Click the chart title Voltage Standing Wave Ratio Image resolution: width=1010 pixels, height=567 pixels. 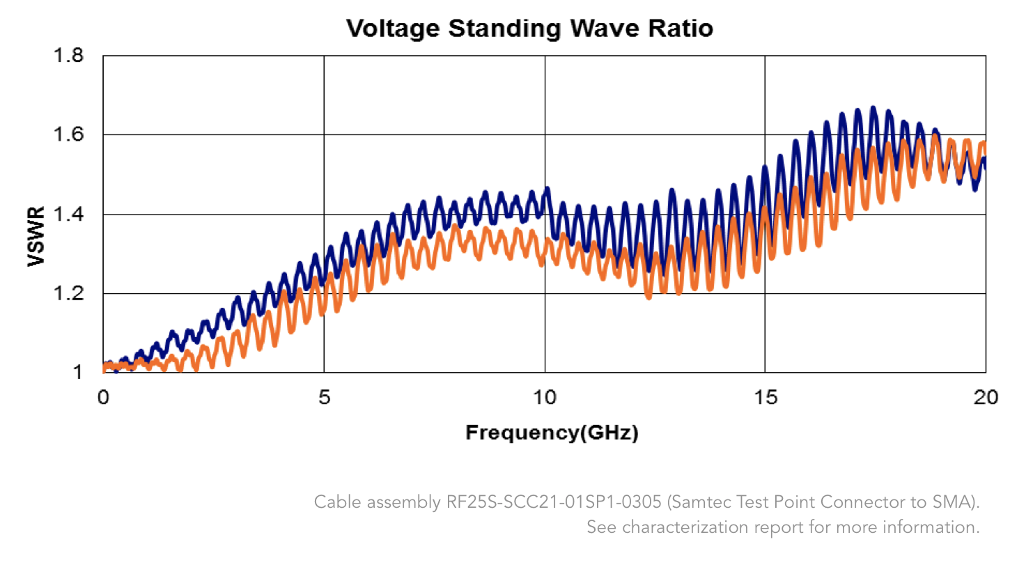(529, 29)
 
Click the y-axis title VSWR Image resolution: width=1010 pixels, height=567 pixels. (36, 236)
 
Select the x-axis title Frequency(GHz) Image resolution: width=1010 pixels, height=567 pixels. (552, 433)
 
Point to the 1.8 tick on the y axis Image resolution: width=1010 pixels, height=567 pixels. (70, 56)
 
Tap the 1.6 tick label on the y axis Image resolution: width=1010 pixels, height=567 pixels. (70, 134)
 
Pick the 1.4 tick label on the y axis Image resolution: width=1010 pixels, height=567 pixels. (70, 215)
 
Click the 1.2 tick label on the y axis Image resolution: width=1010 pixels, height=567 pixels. (70, 294)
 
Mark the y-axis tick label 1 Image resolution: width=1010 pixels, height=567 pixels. (79, 373)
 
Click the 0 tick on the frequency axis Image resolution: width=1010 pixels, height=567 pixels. (103, 397)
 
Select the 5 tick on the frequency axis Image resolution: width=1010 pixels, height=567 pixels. (324, 397)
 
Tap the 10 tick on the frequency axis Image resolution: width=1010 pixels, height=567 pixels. (545, 397)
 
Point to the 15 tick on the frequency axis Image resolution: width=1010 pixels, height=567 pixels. (766, 397)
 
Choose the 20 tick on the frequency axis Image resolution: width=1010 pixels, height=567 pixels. (986, 397)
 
